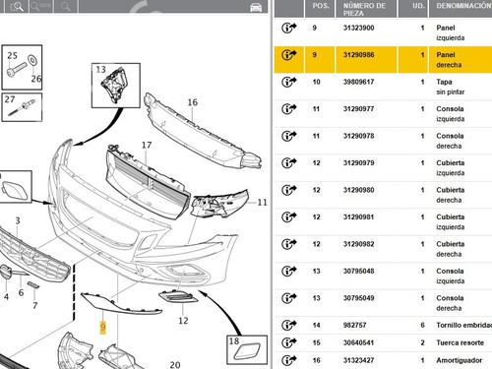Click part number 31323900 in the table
pos(358,28)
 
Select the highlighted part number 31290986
pos(358,55)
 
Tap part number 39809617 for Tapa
pos(358,82)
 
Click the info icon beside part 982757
pos(288,325)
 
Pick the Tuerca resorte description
pos(460,342)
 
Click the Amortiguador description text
pos(460,360)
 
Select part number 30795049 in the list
pos(358,298)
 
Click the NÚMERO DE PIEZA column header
pos(364,9)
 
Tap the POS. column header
pos(321,6)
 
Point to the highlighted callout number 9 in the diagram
pos(103,327)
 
